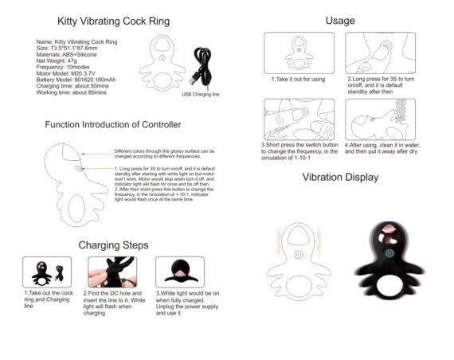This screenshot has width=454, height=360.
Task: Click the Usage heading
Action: click(340, 20)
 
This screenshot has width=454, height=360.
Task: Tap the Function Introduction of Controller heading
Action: click(112, 125)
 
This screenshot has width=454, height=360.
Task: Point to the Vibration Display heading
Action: click(340, 177)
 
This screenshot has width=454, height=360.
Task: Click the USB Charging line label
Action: click(199, 94)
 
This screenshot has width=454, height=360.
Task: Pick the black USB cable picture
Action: click(202, 68)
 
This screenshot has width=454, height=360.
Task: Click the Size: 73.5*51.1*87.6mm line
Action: click(70, 47)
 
